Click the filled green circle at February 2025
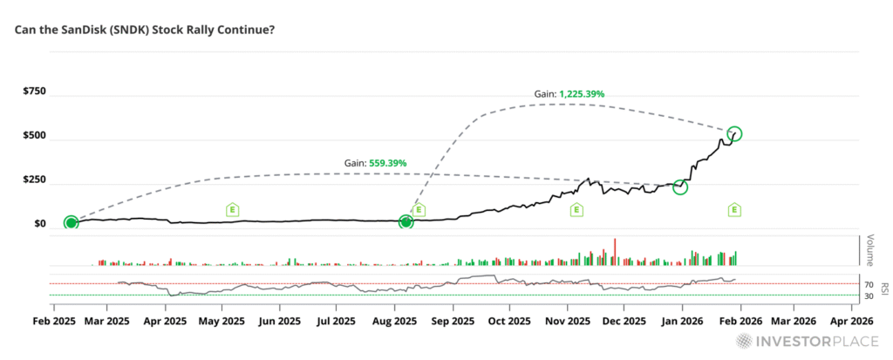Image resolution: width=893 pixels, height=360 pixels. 71,222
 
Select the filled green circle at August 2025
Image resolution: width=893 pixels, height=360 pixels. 406,222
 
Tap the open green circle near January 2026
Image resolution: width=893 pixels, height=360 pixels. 680,187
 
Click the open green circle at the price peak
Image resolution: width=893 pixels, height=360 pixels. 734,133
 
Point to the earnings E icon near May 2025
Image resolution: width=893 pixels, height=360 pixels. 232,209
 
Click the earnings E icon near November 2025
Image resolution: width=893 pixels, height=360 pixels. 576,209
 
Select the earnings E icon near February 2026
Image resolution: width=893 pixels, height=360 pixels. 735,209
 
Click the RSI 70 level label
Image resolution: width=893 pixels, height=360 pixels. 869,284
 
